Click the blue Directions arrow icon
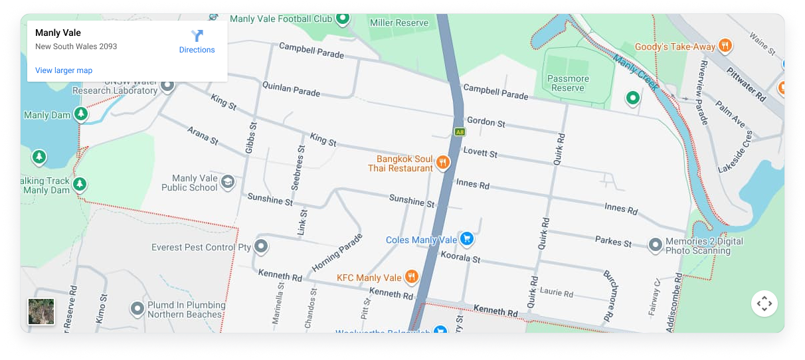[x=197, y=36]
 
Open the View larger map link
[x=64, y=70]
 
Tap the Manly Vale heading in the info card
[x=58, y=33]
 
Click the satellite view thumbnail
[x=42, y=312]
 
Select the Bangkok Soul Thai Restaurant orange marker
[x=443, y=162]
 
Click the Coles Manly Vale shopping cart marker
[x=467, y=238]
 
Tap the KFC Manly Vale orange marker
[x=412, y=277]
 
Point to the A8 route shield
[x=460, y=132]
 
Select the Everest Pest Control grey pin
[x=261, y=247]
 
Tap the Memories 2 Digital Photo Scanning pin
[x=656, y=245]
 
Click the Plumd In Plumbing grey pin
[x=137, y=309]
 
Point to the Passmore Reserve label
[x=568, y=83]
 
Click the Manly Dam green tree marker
[x=80, y=115]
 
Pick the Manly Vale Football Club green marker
[x=342, y=18]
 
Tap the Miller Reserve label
[x=399, y=23]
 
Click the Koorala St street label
[x=460, y=257]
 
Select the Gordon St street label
[x=486, y=122]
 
